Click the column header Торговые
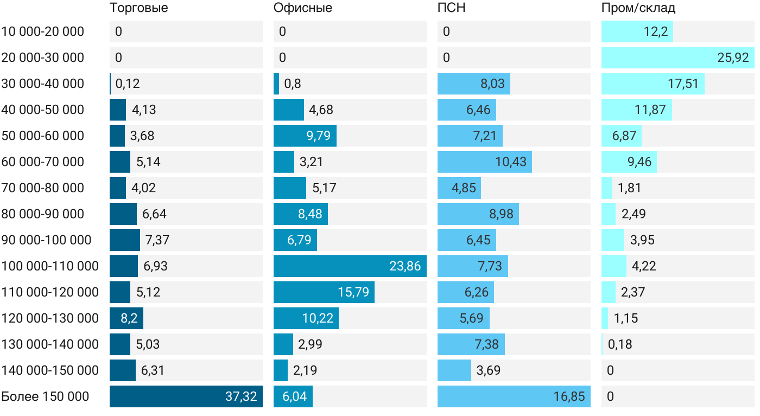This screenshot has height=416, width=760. [x=139, y=8]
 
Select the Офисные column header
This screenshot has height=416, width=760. [x=303, y=8]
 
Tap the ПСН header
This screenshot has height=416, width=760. [x=452, y=8]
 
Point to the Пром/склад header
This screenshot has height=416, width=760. [x=638, y=8]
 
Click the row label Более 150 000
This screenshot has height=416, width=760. [x=45, y=396]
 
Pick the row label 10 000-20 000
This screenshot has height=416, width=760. [x=43, y=31]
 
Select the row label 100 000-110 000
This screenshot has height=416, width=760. [x=50, y=266]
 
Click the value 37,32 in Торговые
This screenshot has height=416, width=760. [x=241, y=396]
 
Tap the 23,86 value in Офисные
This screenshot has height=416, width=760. [x=405, y=266]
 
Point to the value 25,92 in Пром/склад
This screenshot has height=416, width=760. [x=733, y=58]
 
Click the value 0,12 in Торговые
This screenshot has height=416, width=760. [x=128, y=84]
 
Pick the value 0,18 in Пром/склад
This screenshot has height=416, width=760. [x=620, y=344]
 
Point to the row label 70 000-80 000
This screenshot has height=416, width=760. [x=43, y=188]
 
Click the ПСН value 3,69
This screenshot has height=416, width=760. [x=489, y=370]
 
